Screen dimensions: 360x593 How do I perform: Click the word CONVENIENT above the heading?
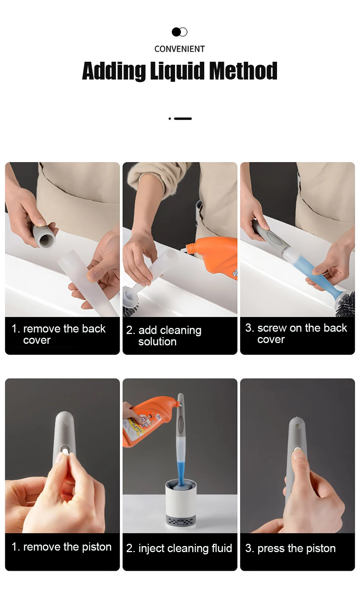point(180,49)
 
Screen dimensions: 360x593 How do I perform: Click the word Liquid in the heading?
point(177,71)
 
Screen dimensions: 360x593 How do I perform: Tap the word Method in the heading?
point(243,71)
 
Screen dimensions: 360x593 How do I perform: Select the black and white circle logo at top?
point(179,32)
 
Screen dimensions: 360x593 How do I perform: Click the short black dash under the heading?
point(183,119)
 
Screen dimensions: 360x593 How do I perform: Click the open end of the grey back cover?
point(47,240)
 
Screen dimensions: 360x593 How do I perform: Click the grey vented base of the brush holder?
point(181,520)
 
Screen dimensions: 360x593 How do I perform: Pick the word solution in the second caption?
point(157,342)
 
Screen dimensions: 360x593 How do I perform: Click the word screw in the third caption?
point(272,328)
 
